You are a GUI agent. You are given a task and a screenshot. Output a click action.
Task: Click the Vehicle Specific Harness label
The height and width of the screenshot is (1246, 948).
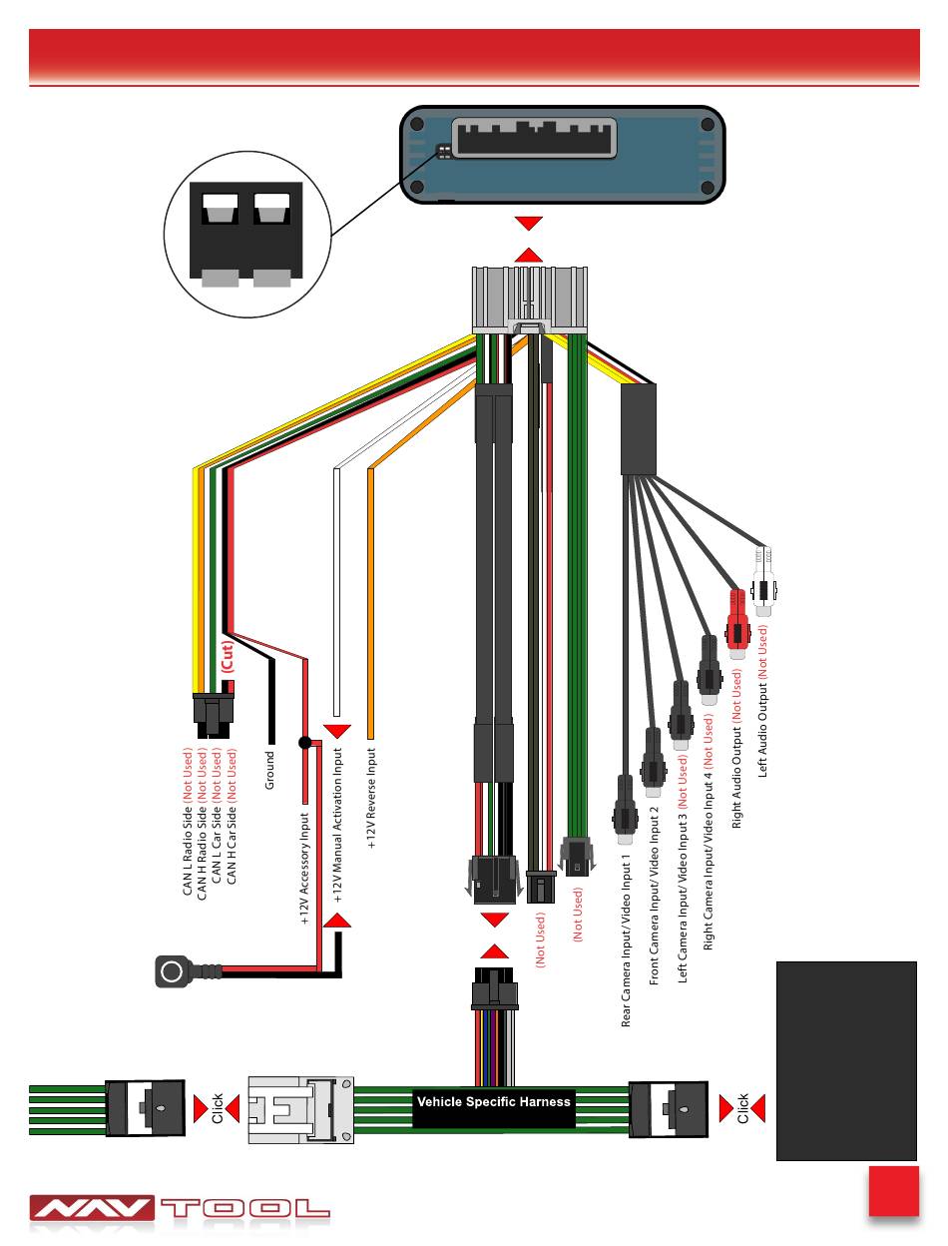click(x=493, y=1102)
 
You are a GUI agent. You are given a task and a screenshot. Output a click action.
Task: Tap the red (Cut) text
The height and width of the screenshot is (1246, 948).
click(x=227, y=656)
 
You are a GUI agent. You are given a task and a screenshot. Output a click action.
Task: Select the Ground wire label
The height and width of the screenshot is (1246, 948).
click(x=268, y=769)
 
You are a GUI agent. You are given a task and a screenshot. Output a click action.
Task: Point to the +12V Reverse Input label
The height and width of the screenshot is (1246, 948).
click(x=370, y=799)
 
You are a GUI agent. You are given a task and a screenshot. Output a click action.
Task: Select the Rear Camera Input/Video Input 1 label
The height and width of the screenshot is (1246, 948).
click(x=626, y=939)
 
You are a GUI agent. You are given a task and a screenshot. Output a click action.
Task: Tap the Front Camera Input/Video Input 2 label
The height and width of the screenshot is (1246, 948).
click(x=655, y=896)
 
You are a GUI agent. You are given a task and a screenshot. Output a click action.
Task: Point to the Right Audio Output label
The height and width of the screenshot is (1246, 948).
click(x=736, y=749)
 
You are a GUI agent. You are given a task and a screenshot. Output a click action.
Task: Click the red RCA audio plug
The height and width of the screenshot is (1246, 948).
click(x=737, y=619)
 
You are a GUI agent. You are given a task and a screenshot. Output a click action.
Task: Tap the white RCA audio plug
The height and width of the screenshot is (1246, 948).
click(x=763, y=583)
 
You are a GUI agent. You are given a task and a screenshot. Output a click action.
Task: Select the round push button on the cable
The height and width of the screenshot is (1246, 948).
click(x=172, y=970)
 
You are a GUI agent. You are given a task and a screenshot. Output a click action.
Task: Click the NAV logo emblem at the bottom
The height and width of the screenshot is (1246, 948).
click(x=92, y=1209)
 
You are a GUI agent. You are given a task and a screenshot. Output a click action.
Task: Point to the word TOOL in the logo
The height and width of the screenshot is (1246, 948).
click(x=245, y=1209)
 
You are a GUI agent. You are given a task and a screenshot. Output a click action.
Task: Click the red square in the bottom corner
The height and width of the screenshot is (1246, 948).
click(x=893, y=1190)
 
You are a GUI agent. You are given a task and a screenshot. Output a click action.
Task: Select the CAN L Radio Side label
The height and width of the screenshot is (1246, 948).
click(x=187, y=821)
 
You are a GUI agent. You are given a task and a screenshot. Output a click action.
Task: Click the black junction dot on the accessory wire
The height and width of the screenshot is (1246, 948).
click(x=305, y=743)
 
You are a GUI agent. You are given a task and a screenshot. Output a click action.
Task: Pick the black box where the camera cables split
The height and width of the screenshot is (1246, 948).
click(x=639, y=429)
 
